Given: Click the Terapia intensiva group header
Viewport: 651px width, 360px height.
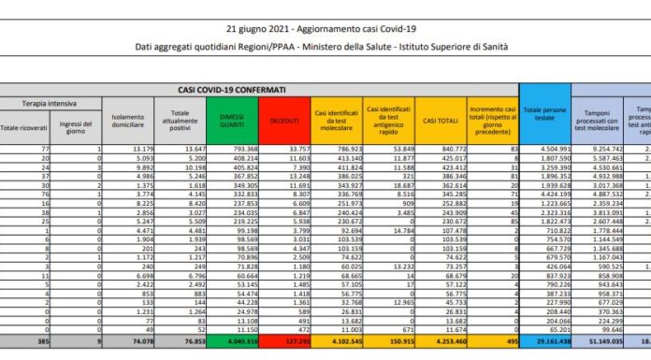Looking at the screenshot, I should point(51,103).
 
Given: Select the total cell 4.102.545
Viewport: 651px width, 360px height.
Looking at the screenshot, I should point(337,342).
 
